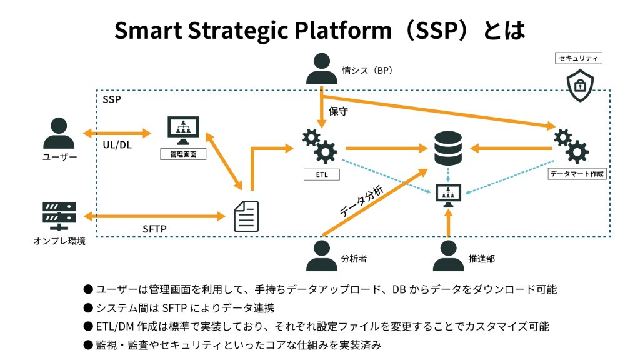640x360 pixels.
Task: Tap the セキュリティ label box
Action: click(x=579, y=58)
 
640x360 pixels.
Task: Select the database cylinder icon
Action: click(x=449, y=148)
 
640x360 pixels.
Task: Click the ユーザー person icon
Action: click(x=59, y=134)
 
